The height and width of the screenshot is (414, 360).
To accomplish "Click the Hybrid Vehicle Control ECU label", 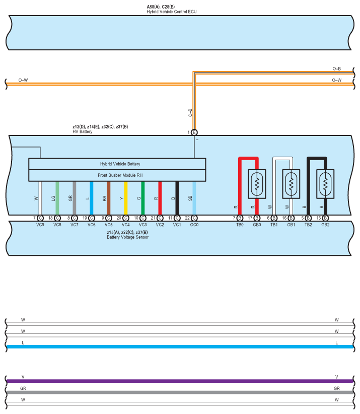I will coord(168,11).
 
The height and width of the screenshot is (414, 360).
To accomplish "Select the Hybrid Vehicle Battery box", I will coord(117,164).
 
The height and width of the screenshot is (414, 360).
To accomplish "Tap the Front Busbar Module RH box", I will coord(117,175).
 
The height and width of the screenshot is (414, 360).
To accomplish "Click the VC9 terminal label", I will coord(40,224).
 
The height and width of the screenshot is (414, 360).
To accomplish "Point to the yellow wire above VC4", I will coord(126,198).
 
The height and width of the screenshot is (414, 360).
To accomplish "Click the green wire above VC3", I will coord(143,198).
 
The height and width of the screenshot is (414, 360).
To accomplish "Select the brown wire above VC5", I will coord(109,198).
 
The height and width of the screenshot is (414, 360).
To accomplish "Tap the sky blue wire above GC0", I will coord(194,198).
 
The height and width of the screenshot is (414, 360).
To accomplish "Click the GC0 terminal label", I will coord(194,224).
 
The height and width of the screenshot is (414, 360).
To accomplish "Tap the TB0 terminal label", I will coord(239,224).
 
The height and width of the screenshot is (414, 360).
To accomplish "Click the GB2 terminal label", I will coord(326,224).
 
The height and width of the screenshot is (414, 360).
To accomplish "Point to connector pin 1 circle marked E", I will coord(194,132).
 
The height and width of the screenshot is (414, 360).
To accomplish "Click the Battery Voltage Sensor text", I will coord(127,237).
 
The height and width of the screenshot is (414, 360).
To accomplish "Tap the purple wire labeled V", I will coord(180,381).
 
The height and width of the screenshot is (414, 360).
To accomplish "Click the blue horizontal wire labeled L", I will coord(180,347).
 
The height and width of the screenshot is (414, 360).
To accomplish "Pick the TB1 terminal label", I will coord(274,224).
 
